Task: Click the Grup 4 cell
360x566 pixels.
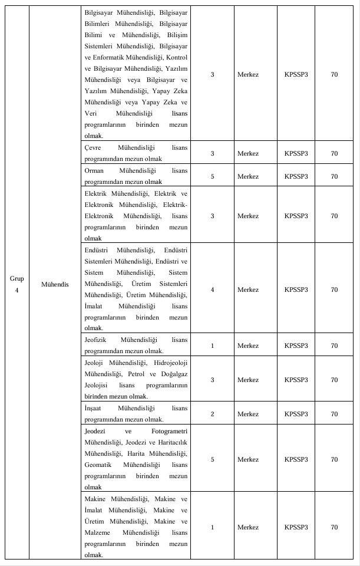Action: [x=17, y=284]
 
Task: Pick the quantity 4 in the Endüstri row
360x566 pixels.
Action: [x=212, y=289]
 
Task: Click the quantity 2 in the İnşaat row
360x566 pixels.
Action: [x=212, y=414]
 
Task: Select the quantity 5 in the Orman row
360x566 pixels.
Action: [x=212, y=176]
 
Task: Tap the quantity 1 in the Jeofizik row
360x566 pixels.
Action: [x=212, y=346]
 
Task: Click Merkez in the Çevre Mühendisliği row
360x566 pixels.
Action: [x=247, y=153]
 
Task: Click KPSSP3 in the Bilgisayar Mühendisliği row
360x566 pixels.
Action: [x=296, y=75]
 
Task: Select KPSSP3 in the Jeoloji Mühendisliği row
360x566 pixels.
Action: [x=296, y=380]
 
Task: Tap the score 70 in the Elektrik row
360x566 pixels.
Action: [x=334, y=216]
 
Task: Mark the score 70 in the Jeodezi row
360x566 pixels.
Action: [x=334, y=459]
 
